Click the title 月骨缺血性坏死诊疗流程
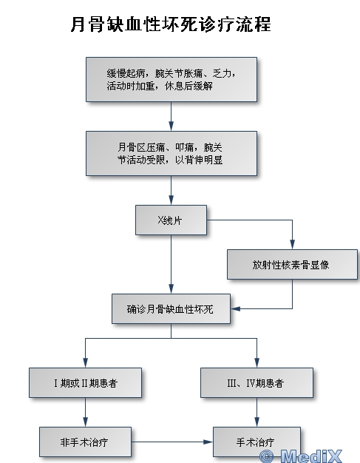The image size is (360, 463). [171, 24]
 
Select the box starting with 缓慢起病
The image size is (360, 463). [171, 80]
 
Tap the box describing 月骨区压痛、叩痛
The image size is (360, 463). [171, 154]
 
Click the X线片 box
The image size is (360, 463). [171, 220]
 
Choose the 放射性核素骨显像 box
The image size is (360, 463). [292, 265]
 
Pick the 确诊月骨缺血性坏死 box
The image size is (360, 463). [171, 309]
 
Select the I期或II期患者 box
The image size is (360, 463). [85, 383]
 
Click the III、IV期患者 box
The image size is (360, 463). [257, 383]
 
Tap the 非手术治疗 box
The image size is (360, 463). [85, 442]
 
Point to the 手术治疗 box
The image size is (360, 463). [257, 442]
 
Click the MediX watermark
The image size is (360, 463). [301, 456]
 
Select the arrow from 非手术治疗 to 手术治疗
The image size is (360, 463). [172, 442]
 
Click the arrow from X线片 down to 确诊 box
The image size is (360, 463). [171, 265]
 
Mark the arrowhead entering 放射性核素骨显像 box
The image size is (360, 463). [293, 245]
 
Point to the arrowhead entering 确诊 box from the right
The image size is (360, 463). [236, 309]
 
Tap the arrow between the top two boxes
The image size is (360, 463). [171, 117]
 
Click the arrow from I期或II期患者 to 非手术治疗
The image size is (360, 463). [85, 412]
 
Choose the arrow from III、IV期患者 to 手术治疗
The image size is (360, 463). [257, 412]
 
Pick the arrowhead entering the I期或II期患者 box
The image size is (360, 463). [85, 363]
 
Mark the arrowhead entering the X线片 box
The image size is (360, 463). [171, 200]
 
